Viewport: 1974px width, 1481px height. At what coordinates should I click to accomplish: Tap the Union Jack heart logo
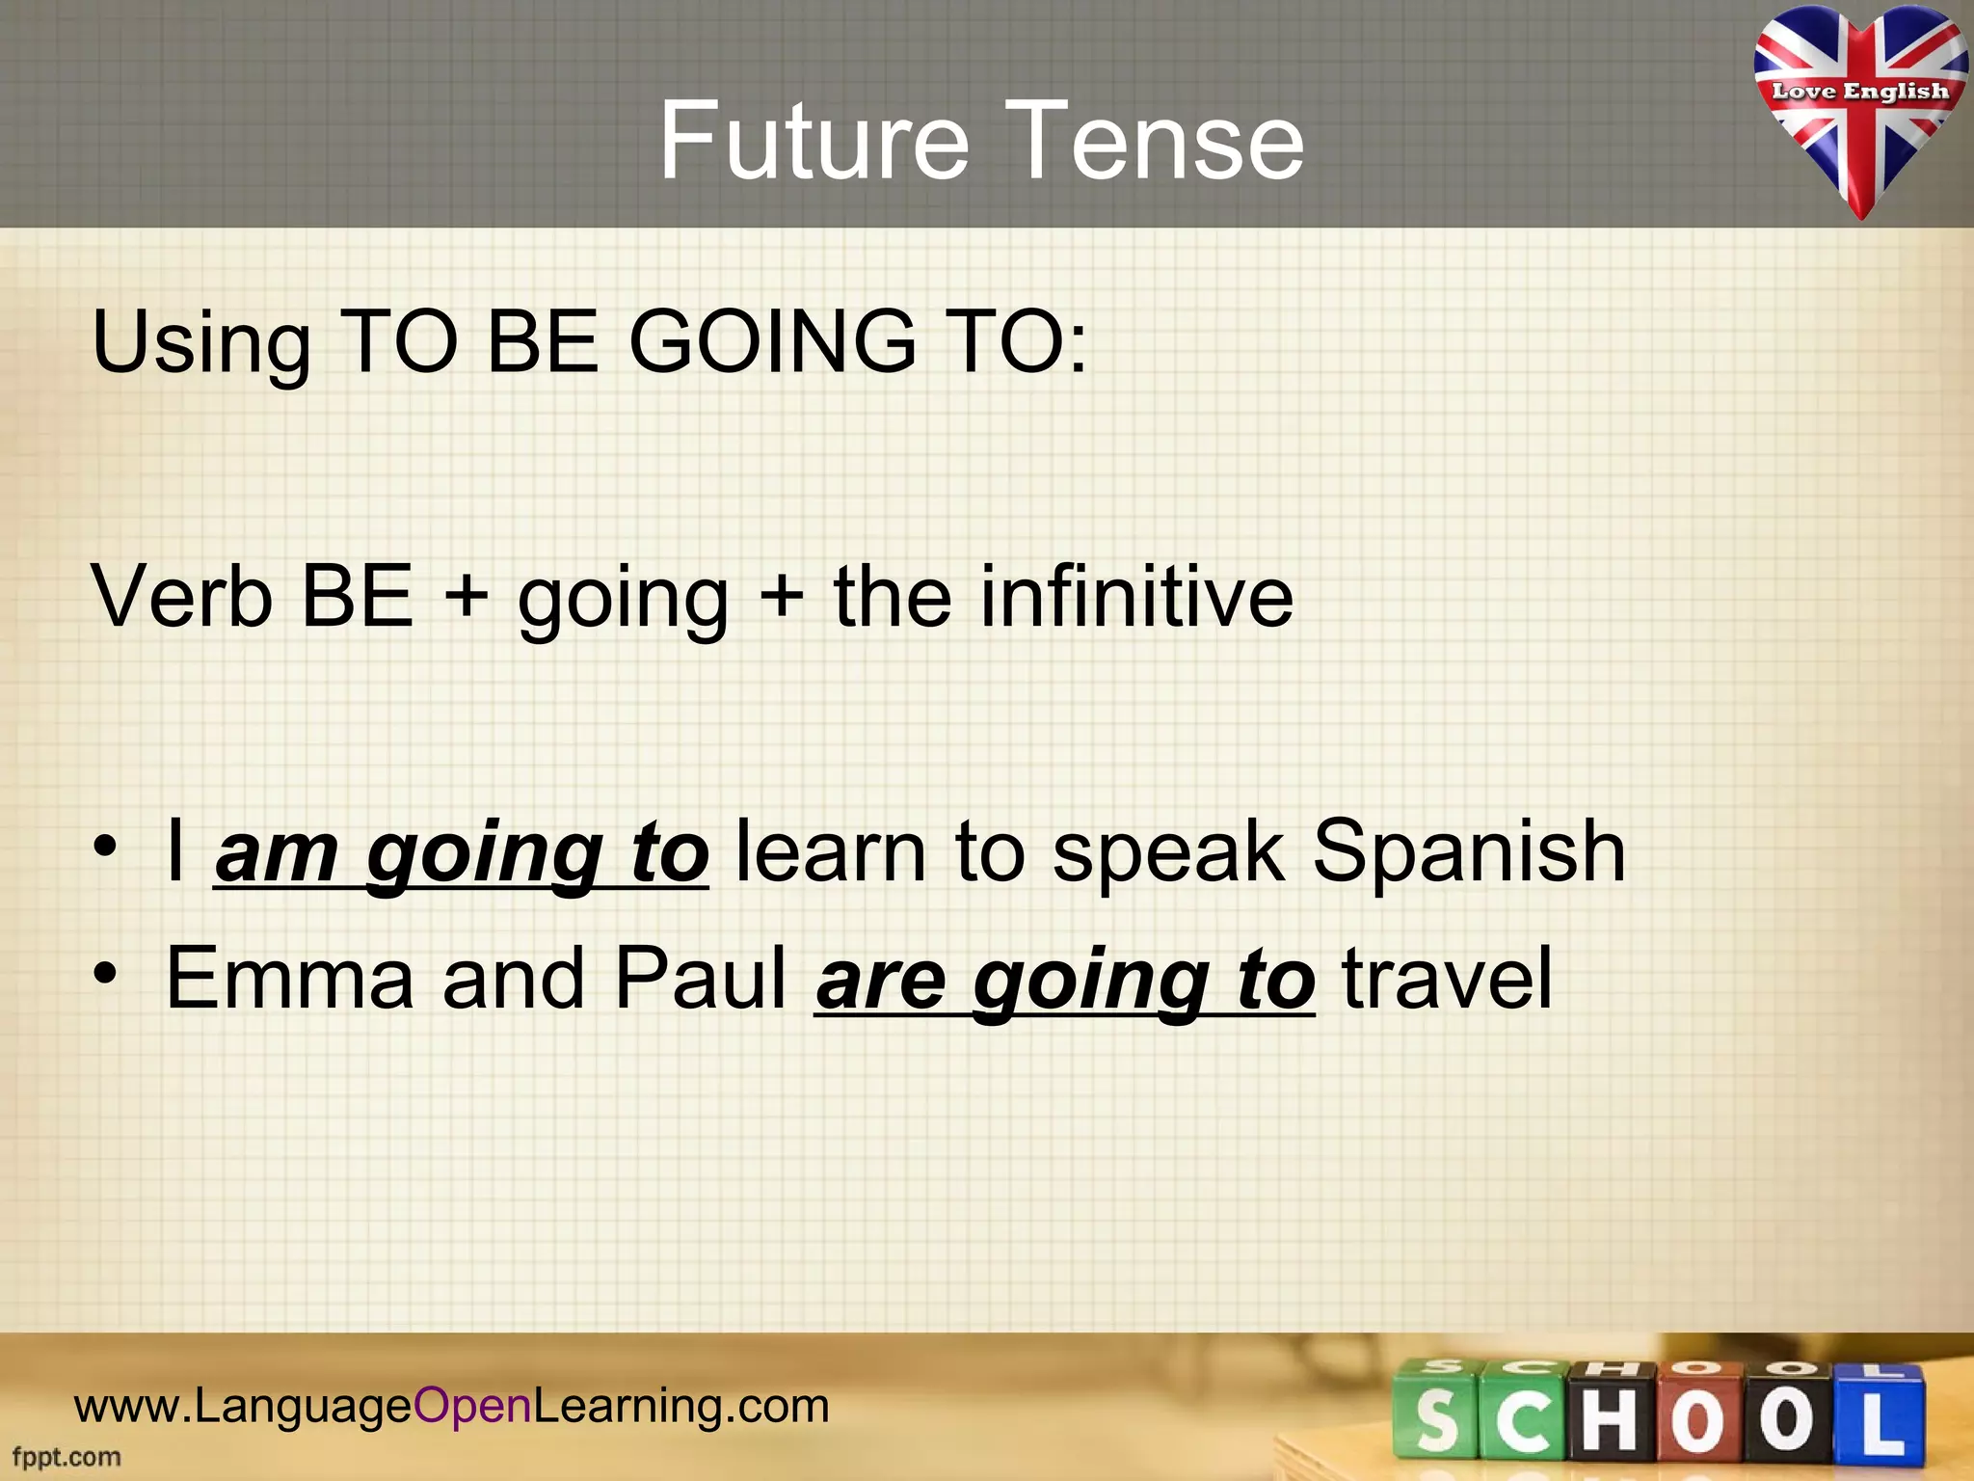(x=1859, y=106)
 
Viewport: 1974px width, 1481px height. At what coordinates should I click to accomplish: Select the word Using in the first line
(x=200, y=342)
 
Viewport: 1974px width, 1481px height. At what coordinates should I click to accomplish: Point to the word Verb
(x=182, y=597)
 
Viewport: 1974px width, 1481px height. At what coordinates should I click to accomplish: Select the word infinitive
(x=1136, y=597)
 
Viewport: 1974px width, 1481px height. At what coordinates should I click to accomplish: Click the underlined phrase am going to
(x=462, y=852)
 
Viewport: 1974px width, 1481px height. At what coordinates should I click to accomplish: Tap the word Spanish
(x=1469, y=852)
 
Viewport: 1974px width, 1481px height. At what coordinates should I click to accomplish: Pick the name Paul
(x=701, y=979)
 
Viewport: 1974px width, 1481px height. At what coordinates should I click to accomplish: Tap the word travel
(x=1447, y=979)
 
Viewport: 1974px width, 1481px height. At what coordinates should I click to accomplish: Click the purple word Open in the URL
(x=472, y=1406)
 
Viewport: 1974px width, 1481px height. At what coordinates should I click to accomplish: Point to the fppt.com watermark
(x=67, y=1457)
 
